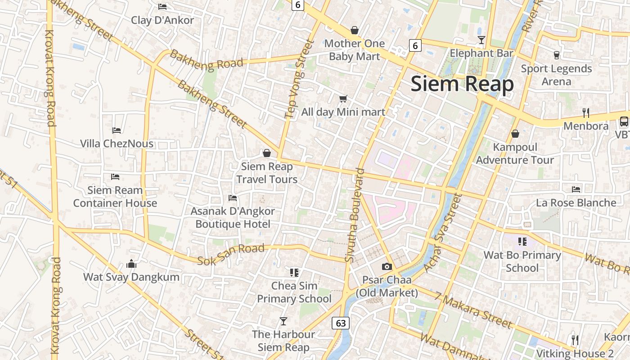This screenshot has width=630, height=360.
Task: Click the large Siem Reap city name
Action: click(462, 84)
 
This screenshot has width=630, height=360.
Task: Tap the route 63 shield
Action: click(341, 323)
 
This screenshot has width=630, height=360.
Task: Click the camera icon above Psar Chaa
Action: click(387, 266)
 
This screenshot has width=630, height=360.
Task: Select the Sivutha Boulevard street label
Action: click(355, 215)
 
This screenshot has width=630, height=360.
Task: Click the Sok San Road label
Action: click(231, 254)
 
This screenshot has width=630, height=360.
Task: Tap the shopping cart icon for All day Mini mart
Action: click(343, 99)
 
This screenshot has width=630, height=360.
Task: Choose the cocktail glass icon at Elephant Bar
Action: click(481, 40)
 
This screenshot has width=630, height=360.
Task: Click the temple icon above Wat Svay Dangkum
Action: click(131, 264)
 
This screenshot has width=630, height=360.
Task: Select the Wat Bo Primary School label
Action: click(522, 261)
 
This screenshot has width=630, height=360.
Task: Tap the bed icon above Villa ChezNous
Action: click(117, 130)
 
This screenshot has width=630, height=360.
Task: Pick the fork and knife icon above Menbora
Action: click(585, 112)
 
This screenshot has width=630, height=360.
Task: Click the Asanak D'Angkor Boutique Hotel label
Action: click(233, 217)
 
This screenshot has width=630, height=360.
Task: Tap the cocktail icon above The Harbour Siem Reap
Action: click(283, 321)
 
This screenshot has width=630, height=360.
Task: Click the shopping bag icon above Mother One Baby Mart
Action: click(355, 30)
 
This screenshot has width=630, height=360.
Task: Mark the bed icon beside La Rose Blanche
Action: click(576, 189)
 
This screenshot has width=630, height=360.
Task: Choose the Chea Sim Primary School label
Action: click(294, 292)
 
